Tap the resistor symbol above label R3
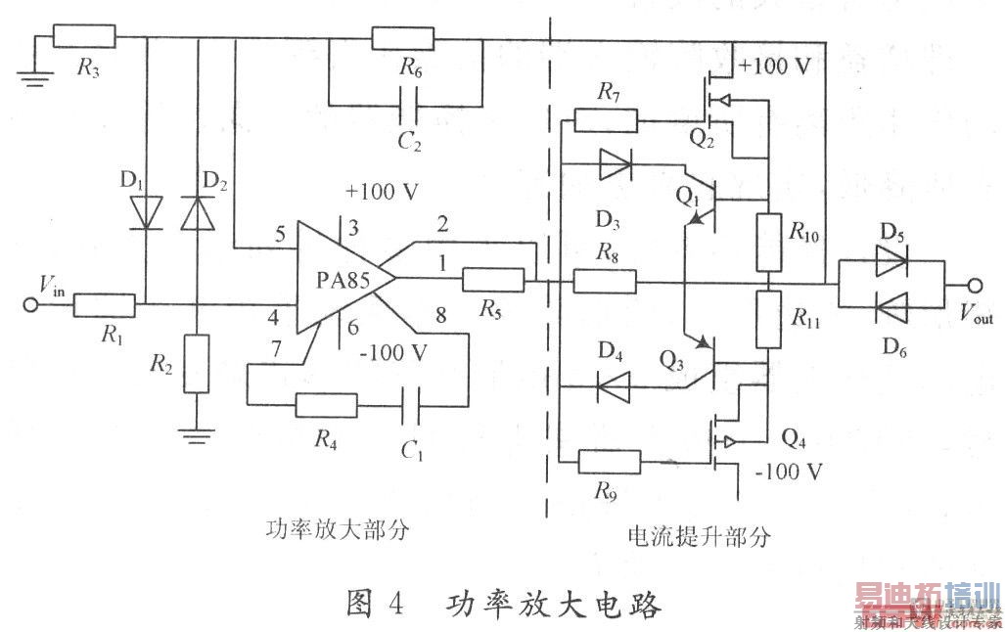coord(84,38)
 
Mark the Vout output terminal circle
coord(975,285)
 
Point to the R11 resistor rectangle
coord(769,320)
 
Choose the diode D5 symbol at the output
coord(891,261)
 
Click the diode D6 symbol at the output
coord(891,308)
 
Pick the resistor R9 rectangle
coord(610,462)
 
